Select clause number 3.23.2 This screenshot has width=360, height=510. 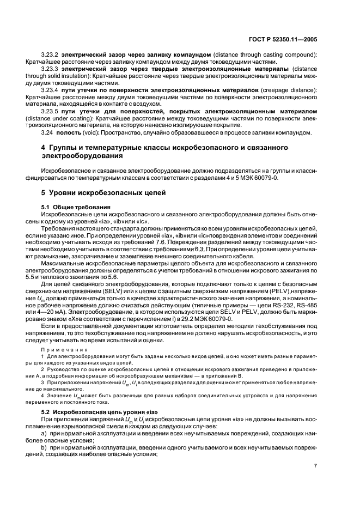click(x=51, y=56)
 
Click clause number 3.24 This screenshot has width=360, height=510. click(x=47, y=132)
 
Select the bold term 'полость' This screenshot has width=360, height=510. click(x=68, y=132)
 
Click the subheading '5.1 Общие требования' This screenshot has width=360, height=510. click(x=76, y=208)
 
